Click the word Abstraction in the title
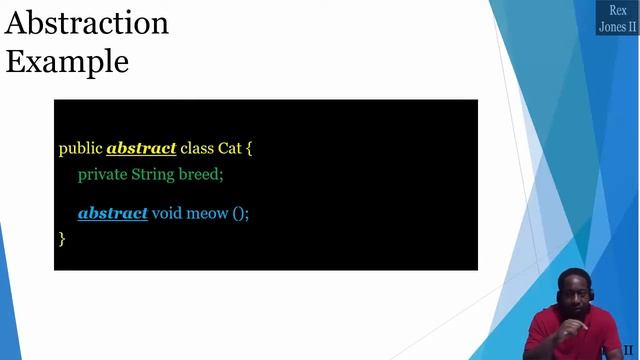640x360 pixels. point(87,23)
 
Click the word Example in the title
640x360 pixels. point(67,61)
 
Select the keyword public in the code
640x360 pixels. point(80,148)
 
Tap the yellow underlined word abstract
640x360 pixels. point(141,148)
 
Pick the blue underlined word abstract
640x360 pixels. point(113,213)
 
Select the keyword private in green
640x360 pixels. point(102,174)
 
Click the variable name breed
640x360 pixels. point(200,174)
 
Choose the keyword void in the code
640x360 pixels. point(168,213)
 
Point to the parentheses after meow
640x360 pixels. point(238,213)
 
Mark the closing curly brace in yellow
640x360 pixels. point(62,238)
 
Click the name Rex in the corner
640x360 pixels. point(618,10)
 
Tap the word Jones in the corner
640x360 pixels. point(611,27)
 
